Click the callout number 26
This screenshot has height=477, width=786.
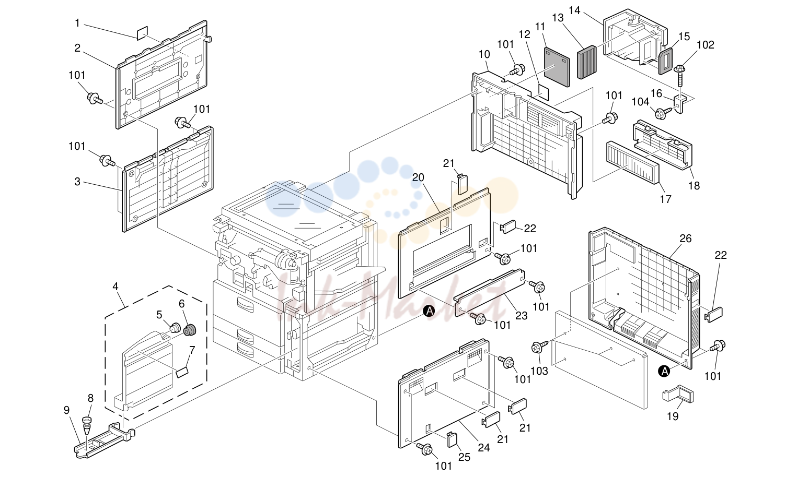685,238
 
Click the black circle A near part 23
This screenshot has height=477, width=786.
429,311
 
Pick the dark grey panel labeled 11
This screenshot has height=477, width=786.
557,67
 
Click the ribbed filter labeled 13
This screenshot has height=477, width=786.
587,62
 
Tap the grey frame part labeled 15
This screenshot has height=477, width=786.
665,61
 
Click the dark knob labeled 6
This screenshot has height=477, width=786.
190,330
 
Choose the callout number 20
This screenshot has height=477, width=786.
418,177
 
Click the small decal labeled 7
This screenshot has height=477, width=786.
182,373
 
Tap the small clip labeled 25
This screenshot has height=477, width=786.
453,439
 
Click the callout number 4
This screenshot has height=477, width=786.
115,287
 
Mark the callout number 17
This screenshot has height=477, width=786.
665,199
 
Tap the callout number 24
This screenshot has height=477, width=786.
483,448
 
